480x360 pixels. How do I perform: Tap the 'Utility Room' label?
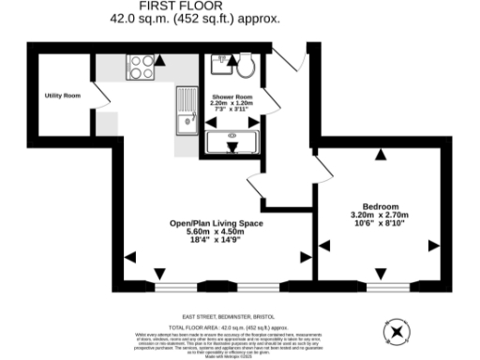[63, 96]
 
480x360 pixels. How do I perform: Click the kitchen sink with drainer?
[185, 111]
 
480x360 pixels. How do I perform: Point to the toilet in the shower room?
[247, 67]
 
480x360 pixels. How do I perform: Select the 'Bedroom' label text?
[381, 206]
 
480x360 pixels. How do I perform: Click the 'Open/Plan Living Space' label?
[216, 223]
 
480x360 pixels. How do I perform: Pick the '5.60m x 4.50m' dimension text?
[216, 232]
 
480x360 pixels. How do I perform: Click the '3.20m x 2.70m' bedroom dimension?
[381, 216]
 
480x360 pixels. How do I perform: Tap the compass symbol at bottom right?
[397, 330]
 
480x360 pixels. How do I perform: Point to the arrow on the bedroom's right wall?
[433, 246]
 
